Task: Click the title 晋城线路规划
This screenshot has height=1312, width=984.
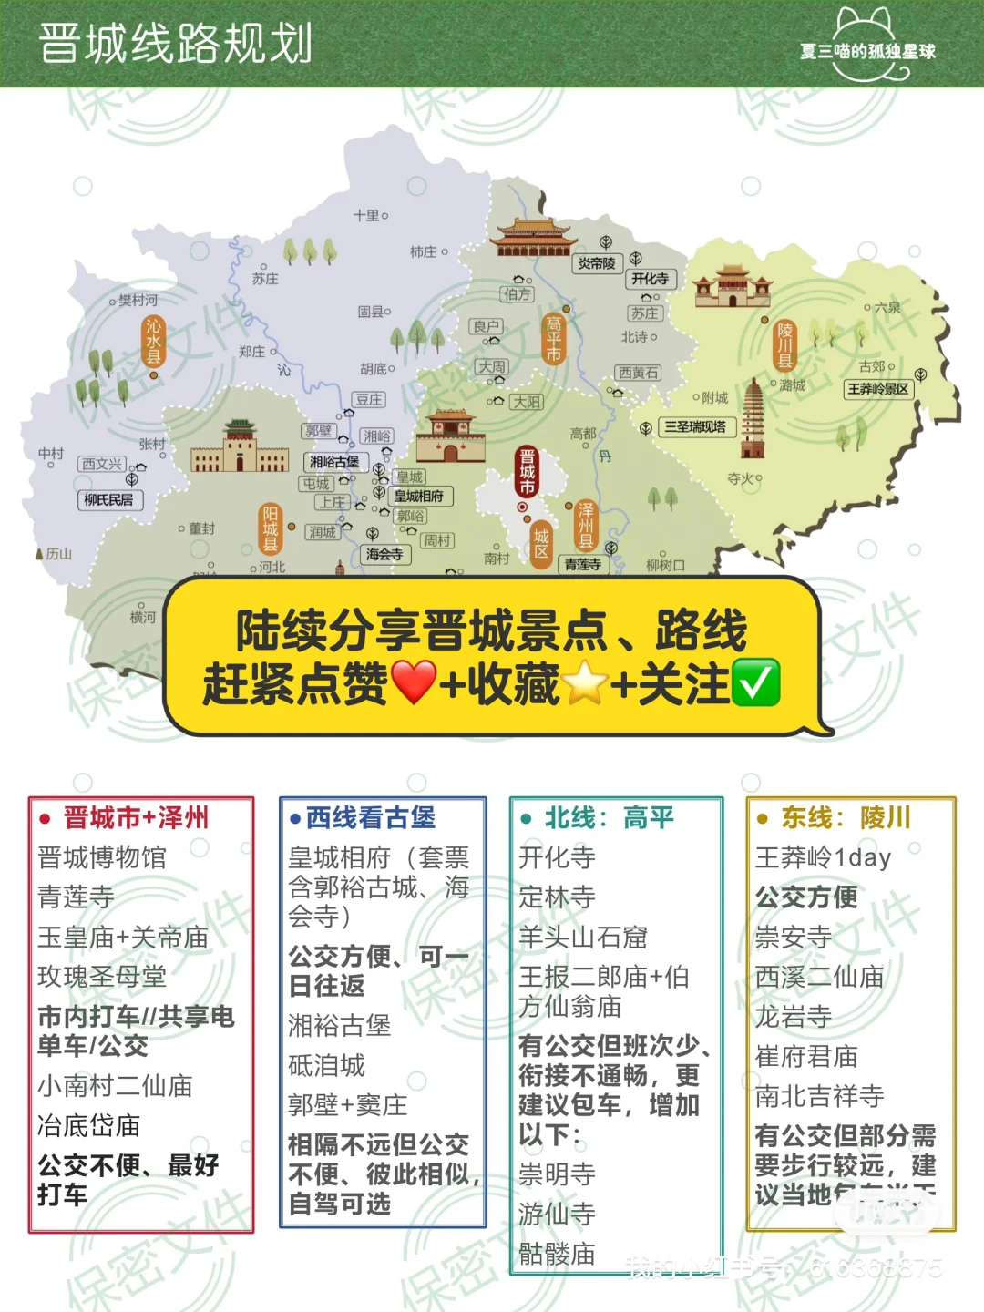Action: (176, 44)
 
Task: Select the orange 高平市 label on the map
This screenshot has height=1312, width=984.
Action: (553, 339)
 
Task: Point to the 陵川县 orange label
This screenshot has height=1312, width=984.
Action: (784, 344)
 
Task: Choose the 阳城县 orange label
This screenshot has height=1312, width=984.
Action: (270, 528)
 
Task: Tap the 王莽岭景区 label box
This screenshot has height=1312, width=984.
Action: (878, 389)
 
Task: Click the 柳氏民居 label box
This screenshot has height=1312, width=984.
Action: (108, 499)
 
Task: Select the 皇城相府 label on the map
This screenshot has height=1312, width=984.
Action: (419, 496)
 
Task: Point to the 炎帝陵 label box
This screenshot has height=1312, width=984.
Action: (597, 263)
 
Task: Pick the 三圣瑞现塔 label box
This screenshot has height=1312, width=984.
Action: (695, 426)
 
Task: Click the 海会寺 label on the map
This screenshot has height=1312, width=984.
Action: (384, 554)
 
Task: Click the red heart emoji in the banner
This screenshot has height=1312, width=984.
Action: (414, 683)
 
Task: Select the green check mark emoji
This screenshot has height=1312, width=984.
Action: (756, 683)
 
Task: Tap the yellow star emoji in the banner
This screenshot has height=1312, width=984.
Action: (585, 683)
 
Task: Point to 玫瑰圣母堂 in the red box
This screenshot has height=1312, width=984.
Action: (102, 977)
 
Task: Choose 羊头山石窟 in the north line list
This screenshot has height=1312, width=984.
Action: (583, 937)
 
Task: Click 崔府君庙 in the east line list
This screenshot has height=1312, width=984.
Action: (806, 1056)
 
